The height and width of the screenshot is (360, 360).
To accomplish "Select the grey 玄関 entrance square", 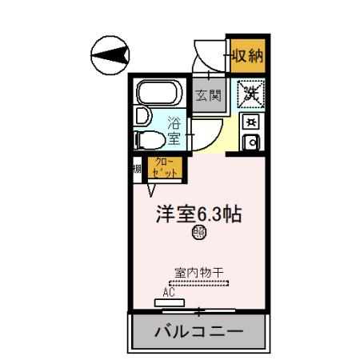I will tap(210, 96).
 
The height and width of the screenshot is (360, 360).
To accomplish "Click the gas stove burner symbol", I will tap(250, 122).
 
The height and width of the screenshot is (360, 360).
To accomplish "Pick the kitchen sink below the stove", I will tap(250, 144).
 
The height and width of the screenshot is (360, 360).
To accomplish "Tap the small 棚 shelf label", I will tap(137, 169).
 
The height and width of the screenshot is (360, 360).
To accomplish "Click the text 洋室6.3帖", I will tap(199, 214).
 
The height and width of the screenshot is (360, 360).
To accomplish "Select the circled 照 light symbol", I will tap(198, 233).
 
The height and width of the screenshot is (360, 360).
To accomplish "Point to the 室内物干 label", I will tap(198, 272).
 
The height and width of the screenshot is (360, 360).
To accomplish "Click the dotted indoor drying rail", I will tap(198, 282).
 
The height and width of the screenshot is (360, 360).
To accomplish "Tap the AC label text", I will tap(168, 293).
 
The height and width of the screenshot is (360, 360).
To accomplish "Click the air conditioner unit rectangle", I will tap(170, 302).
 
